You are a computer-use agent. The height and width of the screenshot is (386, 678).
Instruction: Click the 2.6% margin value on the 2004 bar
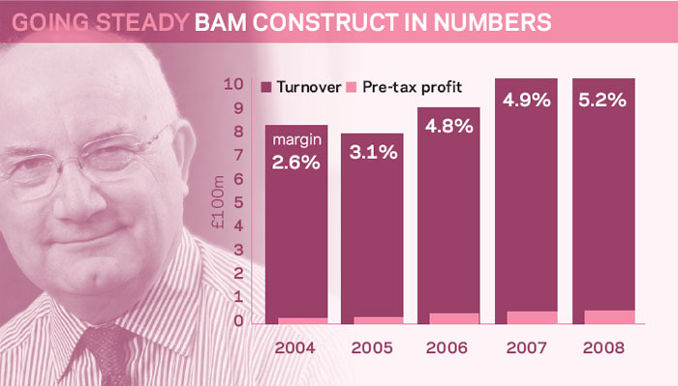pyautogui.click(x=296, y=163)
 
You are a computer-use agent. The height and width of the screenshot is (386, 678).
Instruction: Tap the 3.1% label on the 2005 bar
pyautogui.click(x=374, y=152)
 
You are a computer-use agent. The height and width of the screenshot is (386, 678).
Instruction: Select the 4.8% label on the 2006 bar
pyautogui.click(x=448, y=126)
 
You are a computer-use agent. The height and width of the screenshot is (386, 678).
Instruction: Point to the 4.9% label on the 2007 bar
pyautogui.click(x=526, y=101)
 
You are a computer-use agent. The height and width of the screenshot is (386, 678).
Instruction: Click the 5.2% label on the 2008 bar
pyautogui.click(x=602, y=101)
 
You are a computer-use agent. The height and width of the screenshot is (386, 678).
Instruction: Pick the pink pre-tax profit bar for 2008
pyautogui.click(x=609, y=317)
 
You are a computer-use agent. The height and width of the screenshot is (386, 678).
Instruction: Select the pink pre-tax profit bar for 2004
pyautogui.click(x=302, y=321)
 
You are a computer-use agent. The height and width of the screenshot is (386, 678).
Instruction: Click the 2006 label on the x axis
pyautogui.click(x=447, y=347)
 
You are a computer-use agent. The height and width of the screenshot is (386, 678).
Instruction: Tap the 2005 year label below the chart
pyautogui.click(x=372, y=347)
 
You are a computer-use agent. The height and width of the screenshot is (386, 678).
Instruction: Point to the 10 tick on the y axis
pyautogui.click(x=233, y=84)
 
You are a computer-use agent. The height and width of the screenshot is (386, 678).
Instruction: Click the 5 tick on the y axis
pyautogui.click(x=238, y=202)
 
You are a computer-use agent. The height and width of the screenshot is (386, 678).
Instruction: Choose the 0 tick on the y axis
pyautogui.click(x=238, y=320)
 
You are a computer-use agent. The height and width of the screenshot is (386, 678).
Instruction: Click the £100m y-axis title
pyautogui.click(x=218, y=202)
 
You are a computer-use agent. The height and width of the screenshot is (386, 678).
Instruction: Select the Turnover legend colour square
pyautogui.click(x=266, y=87)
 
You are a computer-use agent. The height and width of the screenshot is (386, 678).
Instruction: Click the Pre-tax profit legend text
pyautogui.click(x=412, y=87)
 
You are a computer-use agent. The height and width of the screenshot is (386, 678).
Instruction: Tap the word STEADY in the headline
pyautogui.click(x=142, y=22)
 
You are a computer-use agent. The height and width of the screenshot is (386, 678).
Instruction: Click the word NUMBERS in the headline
pyautogui.click(x=492, y=22)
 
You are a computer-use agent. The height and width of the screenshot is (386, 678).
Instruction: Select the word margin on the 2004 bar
pyautogui.click(x=297, y=140)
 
